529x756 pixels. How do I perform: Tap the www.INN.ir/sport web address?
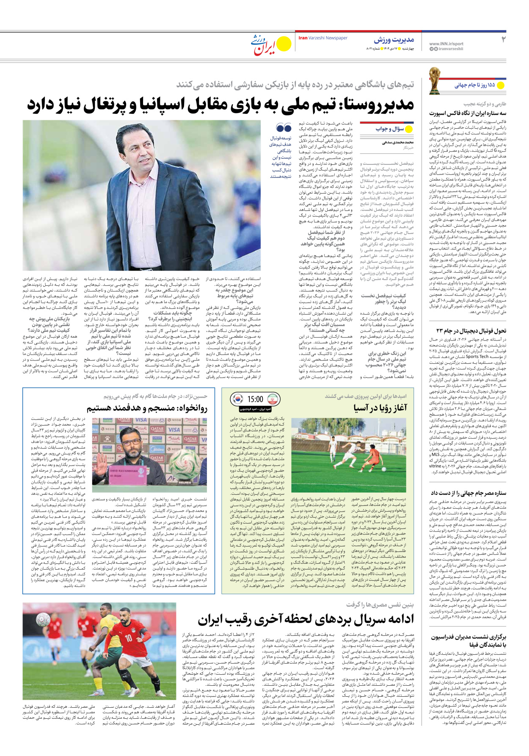pos(446,44)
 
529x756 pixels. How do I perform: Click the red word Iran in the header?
pos(303,38)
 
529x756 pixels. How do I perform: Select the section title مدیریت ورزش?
pos(394,40)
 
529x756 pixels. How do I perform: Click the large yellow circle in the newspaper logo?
pos(284,44)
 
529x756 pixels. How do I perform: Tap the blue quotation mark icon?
pos(283,128)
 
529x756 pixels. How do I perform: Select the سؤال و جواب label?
pos(389,129)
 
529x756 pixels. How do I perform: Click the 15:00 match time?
pos(255,399)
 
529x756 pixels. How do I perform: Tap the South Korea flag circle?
pos(237,399)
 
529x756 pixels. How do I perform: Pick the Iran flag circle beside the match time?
pos(273,399)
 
